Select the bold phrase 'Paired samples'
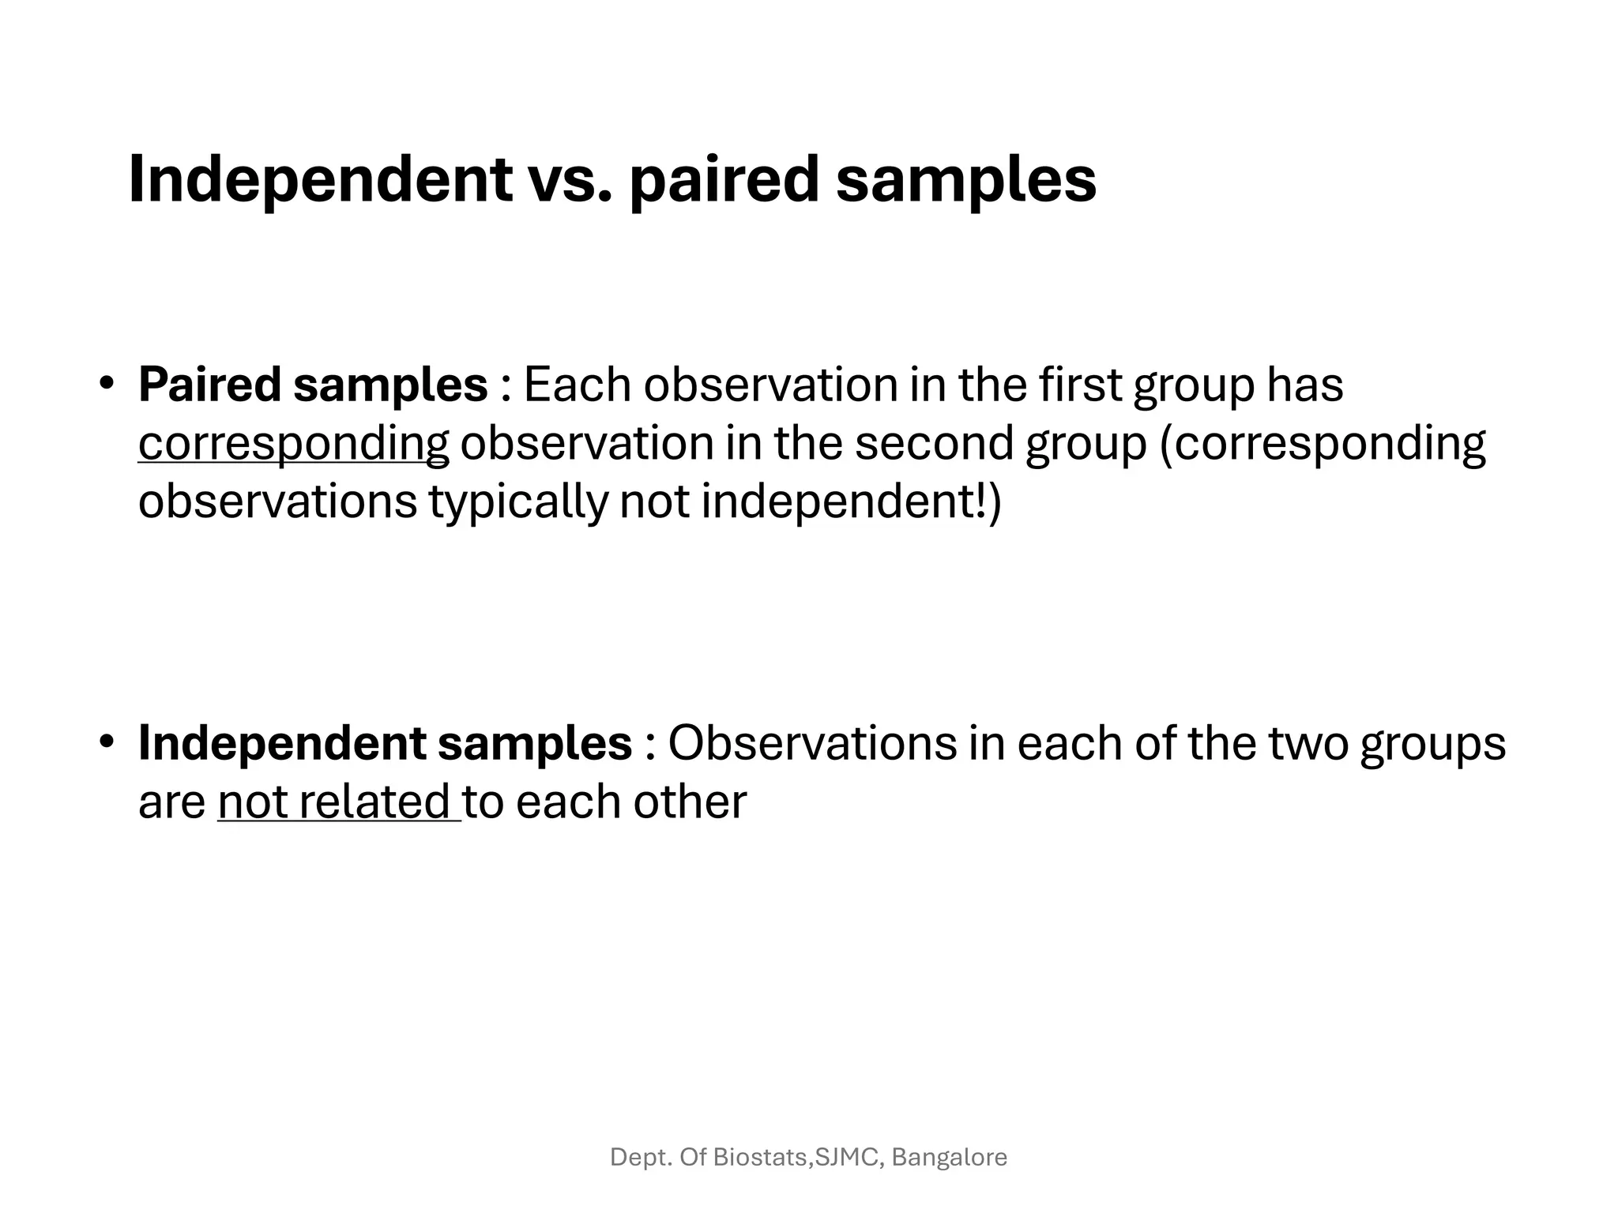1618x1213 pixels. click(313, 385)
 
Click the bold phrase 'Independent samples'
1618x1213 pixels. click(385, 744)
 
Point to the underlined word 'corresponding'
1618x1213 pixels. click(293, 444)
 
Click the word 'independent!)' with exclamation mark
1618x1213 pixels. click(851, 502)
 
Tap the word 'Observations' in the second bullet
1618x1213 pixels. click(812, 744)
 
